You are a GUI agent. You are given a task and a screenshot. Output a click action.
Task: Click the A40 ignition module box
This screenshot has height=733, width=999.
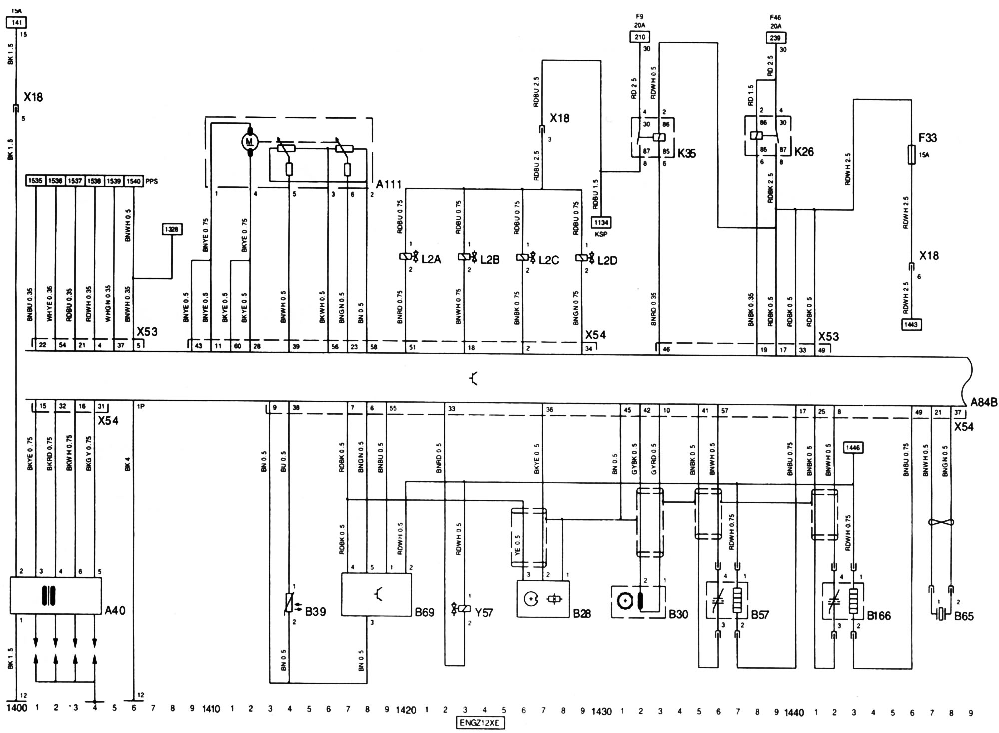[55, 595]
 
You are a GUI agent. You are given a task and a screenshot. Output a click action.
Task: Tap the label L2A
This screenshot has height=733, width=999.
[431, 260]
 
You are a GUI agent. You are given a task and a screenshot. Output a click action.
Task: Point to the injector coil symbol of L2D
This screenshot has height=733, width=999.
[581, 258]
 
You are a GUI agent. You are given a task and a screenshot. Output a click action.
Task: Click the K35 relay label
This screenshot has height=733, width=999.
[686, 153]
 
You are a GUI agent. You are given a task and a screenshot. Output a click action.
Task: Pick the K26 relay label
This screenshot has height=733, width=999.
[804, 151]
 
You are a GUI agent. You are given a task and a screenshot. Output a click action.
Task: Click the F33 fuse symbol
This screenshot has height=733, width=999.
[911, 154]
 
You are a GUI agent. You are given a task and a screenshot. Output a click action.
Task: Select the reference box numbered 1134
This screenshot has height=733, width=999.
[601, 222]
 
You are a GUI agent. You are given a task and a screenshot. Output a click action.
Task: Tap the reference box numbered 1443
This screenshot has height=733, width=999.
[911, 324]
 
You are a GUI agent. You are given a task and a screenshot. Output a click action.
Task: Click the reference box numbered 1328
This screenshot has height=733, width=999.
[172, 229]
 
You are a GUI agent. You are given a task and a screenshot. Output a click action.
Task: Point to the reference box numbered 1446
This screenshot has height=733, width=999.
[853, 448]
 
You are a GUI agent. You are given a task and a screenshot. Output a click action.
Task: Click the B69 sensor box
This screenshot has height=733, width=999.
[376, 594]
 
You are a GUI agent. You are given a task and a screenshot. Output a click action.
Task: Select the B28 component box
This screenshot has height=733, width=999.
[543, 598]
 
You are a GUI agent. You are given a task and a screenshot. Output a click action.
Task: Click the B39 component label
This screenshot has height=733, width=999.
[315, 611]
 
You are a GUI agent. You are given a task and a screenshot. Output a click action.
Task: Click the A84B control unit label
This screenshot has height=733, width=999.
[984, 403]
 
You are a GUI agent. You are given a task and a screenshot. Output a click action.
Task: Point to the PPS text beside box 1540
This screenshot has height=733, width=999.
[152, 181]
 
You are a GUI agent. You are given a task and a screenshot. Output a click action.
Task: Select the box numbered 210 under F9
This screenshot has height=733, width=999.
[639, 37]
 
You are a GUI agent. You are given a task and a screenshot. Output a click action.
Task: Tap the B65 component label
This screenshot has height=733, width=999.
[964, 616]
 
